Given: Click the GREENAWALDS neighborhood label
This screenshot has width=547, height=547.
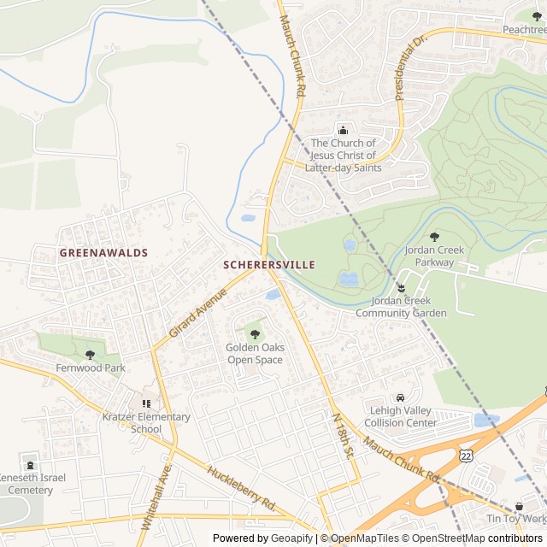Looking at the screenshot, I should pos(103,253).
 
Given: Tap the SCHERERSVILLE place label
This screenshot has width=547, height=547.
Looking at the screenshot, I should pos(268,265).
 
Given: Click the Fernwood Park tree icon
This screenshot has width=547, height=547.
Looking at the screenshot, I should pos(91,355).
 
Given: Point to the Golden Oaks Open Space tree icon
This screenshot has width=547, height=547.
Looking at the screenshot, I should pos(255,334).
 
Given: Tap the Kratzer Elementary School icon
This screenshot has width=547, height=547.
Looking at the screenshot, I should pos(145,403).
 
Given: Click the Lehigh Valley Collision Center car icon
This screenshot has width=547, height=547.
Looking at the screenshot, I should pos(400,397).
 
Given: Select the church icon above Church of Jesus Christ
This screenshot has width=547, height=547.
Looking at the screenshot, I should pos(343,130).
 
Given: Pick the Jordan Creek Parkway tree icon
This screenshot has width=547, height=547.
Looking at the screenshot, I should pos(434,237).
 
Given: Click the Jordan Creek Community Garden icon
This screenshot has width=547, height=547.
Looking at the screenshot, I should pos(401,287).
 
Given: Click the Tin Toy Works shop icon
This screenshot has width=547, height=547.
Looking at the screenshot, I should pos(520,506).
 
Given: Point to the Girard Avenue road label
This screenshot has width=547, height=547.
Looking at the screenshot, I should pos(197,312).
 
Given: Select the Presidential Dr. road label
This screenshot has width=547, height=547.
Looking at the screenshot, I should pos(409,68).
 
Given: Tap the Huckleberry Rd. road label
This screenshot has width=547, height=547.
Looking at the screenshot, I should pos(242,486).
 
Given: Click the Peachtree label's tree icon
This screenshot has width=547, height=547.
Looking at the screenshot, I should pos(536,15).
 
